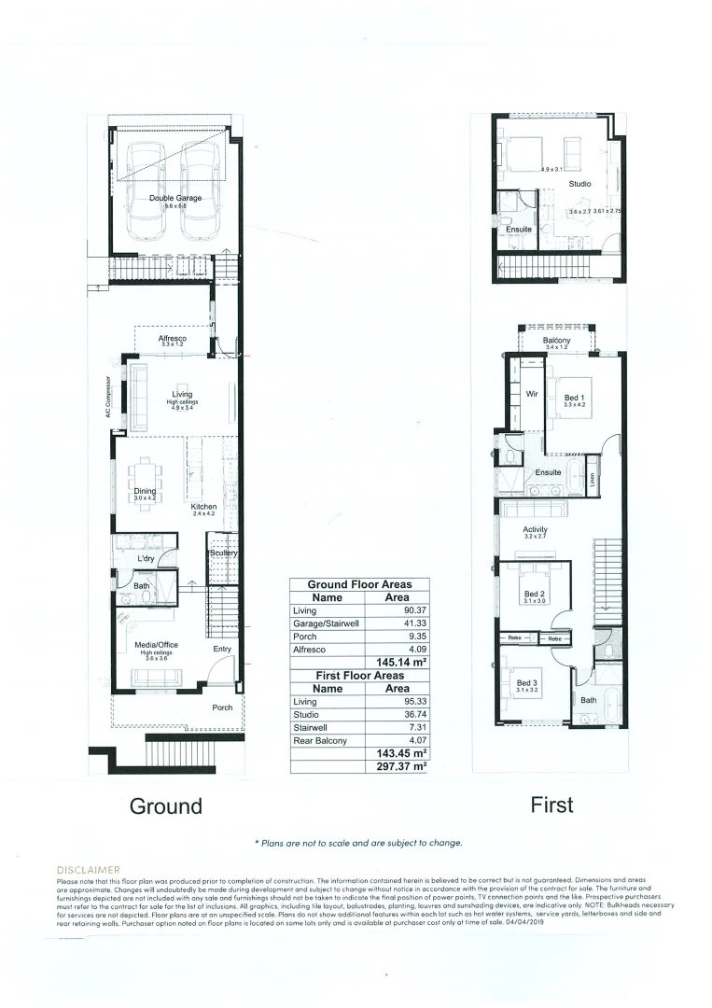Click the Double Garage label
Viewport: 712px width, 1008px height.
coord(175,198)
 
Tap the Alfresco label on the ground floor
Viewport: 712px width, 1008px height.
coord(173,338)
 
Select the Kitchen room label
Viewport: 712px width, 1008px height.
coord(203,507)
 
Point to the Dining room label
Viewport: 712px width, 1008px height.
coord(144,491)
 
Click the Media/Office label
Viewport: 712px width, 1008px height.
coord(156,645)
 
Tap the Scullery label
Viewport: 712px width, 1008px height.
coord(224,553)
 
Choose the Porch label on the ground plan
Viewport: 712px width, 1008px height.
coord(222,707)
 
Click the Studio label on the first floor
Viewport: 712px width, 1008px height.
coord(580,185)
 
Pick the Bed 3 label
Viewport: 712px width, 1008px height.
coord(527,683)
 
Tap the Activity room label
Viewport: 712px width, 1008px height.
coord(536,530)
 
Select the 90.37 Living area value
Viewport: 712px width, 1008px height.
coord(397,610)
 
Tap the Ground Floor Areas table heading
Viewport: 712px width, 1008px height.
coord(359,584)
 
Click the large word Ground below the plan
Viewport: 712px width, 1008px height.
coord(165,806)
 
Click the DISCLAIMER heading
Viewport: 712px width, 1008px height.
coord(89,869)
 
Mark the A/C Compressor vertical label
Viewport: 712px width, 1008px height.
coord(108,399)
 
